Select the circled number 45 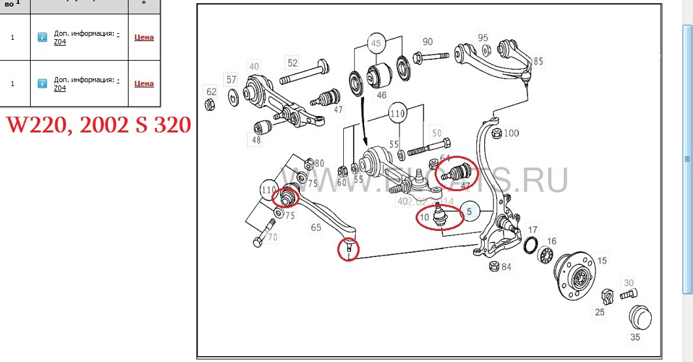pos(375,44)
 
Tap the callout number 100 pos(511,134)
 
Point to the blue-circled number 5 pos(469,211)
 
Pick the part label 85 pos(538,62)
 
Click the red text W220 pos(37,124)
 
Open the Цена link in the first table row pos(144,37)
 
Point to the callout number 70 pos(273,237)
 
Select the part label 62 pos(211,91)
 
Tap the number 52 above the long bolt pos(292,63)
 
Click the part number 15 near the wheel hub pos(602,261)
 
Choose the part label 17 pos(532,230)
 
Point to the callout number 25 pos(599,312)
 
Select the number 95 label pos(483,38)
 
